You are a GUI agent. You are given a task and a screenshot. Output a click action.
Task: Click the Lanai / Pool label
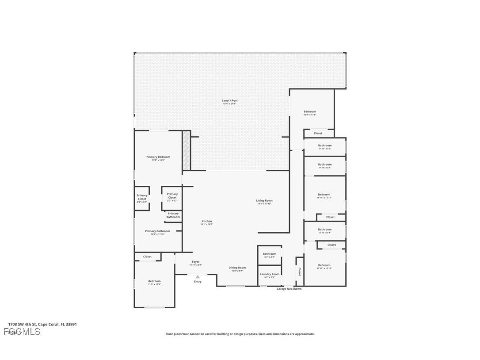229,101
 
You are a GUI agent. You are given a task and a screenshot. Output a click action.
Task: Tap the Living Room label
264,201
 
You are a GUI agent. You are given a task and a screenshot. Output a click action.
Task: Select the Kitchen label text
207,221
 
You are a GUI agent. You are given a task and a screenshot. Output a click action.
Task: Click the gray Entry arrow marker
198,277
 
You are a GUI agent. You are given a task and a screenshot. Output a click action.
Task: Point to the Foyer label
195,262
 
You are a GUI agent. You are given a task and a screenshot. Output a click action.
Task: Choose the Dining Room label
237,268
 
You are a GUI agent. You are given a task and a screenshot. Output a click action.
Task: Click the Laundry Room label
269,274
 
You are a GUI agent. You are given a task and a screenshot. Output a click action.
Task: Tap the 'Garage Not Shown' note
289,289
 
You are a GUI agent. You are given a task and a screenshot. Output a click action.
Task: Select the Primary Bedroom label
158,157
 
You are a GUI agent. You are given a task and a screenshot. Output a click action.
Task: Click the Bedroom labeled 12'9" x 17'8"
310,112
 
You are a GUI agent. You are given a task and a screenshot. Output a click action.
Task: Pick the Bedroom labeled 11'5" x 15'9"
154,281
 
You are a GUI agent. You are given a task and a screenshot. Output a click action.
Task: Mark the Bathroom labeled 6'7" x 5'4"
269,254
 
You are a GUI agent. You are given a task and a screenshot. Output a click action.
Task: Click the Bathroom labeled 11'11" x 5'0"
324,146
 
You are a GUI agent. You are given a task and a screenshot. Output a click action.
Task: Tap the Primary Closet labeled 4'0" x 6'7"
142,197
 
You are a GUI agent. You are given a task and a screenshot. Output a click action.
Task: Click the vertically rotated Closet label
299,271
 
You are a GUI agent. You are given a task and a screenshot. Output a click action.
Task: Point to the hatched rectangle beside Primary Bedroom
187,150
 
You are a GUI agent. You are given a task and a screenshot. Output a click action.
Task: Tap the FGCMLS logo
22,332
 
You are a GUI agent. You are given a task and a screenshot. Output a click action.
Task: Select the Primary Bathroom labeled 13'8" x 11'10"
157,231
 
